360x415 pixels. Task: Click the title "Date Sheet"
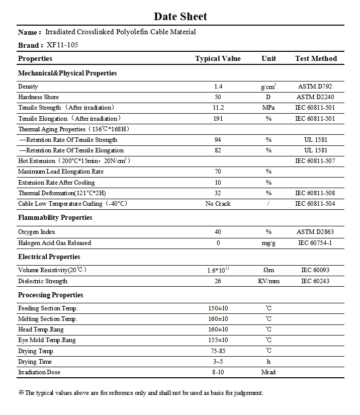(x=180, y=17)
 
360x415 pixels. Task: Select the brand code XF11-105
(x=62, y=45)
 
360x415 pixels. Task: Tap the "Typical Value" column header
(x=218, y=58)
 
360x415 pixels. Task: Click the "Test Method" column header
(x=316, y=58)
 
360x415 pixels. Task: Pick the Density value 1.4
(x=218, y=87)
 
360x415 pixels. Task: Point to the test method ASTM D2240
(x=315, y=97)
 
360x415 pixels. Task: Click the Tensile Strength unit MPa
(x=268, y=108)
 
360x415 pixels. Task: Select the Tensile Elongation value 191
(x=218, y=119)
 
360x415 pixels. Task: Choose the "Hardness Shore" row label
(x=38, y=97)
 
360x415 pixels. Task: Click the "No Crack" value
(x=218, y=204)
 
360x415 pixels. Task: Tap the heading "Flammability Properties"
(x=55, y=218)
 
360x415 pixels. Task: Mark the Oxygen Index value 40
(x=218, y=232)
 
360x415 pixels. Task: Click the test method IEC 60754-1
(x=315, y=243)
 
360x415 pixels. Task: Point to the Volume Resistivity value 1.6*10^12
(x=218, y=270)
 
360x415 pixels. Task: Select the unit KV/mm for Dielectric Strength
(x=268, y=281)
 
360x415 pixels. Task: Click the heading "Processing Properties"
(x=51, y=295)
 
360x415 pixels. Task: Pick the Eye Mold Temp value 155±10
(x=218, y=340)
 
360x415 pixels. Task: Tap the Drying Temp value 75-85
(x=218, y=351)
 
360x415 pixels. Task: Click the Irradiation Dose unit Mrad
(x=268, y=372)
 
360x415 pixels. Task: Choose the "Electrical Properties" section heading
(x=49, y=257)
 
